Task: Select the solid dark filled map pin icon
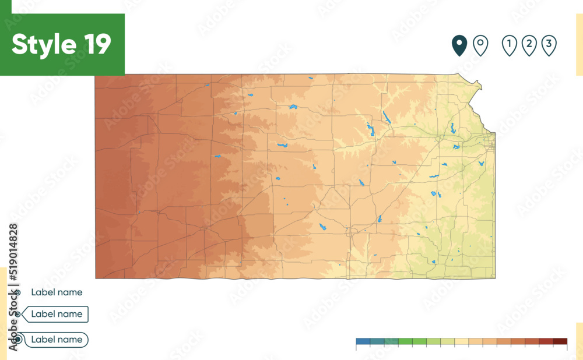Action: pyautogui.click(x=459, y=45)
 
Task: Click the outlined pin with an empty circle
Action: pyautogui.click(x=480, y=45)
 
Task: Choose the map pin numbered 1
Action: pyautogui.click(x=510, y=45)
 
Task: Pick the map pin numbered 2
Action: pyautogui.click(x=529, y=45)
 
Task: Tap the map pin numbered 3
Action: pyautogui.click(x=549, y=45)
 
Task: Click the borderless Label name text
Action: pyautogui.click(x=57, y=292)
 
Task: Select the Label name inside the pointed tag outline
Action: pyautogui.click(x=57, y=314)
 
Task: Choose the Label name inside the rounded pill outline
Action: pyautogui.click(x=57, y=339)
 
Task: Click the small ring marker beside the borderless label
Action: pyautogui.click(x=18, y=292)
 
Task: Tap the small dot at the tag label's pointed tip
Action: pyautogui.click(x=18, y=315)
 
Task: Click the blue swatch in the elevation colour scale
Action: pyautogui.click(x=363, y=341)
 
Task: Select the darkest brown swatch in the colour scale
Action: pyautogui.click(x=560, y=341)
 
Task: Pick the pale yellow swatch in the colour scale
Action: pyautogui.click(x=461, y=341)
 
